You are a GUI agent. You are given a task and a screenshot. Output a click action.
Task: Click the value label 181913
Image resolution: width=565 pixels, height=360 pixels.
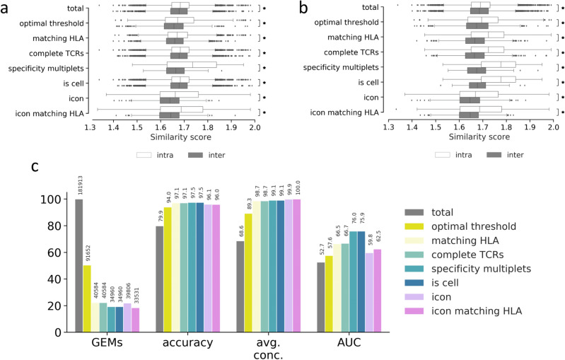point(79,185)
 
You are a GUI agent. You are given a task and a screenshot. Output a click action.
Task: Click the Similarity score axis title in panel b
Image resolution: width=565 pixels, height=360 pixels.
point(470,140)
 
